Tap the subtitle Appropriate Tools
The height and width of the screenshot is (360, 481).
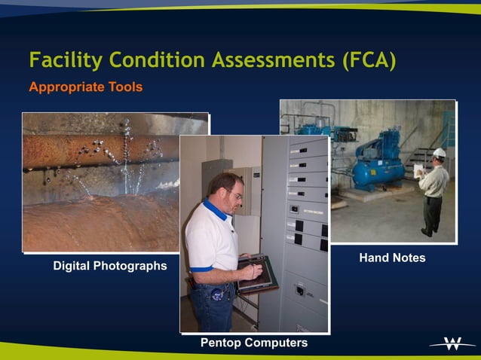coord(85,87)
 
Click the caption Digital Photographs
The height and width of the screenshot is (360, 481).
coord(110,266)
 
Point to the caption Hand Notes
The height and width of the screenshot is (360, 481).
coord(392,258)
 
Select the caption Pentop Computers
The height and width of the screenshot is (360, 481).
coord(254,343)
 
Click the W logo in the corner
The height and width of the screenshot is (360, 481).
coord(452,344)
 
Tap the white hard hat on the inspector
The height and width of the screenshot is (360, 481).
coord(440,153)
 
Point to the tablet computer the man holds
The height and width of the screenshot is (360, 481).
coord(256,273)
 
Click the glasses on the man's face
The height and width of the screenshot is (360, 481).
coord(235,195)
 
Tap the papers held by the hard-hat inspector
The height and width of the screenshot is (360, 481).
coord(419,170)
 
